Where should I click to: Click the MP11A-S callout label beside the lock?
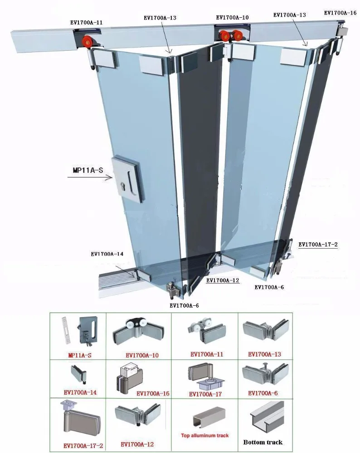(88, 170)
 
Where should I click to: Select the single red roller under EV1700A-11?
(87, 43)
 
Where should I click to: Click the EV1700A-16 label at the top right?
(340, 13)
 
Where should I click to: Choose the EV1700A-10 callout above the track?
(232, 18)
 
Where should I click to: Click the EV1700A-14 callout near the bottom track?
(107, 254)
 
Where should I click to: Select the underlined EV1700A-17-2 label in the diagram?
(318, 245)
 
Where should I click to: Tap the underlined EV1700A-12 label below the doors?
(223, 280)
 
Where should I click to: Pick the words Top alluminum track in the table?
(205, 435)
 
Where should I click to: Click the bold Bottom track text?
(263, 442)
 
